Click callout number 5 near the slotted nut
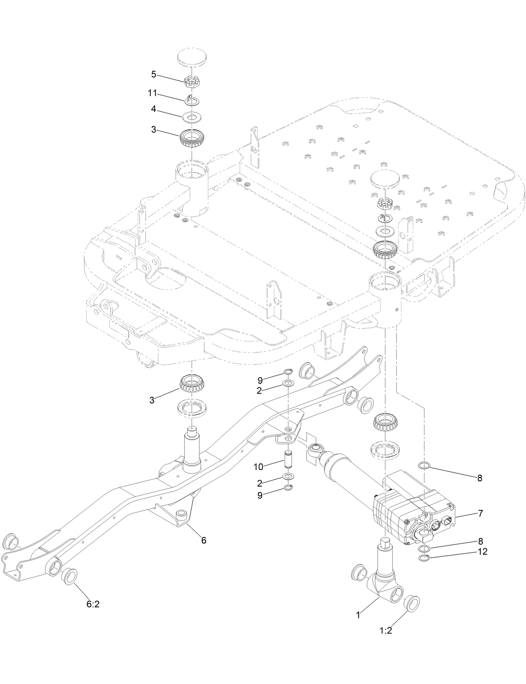click(153, 74)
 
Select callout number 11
click(152, 93)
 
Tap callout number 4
click(153, 109)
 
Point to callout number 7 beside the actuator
click(480, 514)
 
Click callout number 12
click(482, 552)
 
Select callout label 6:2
click(92, 605)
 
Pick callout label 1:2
click(386, 631)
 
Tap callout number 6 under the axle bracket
click(204, 540)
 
